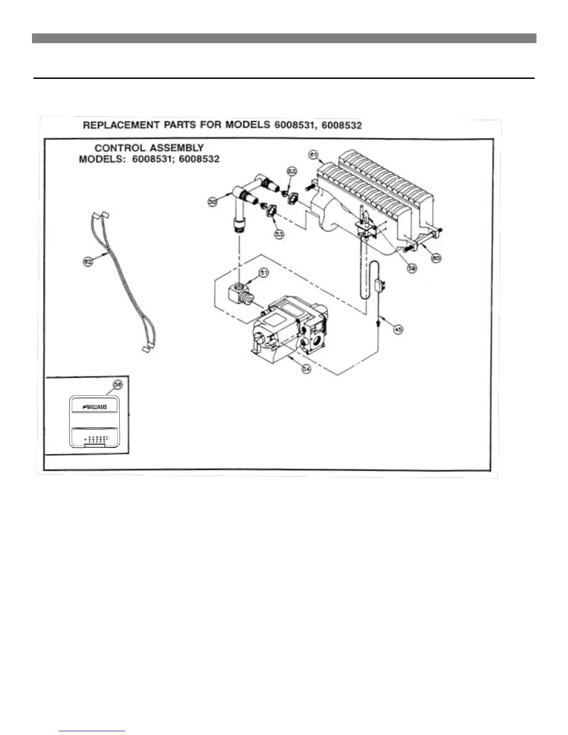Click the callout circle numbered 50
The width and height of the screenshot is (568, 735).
(x=212, y=203)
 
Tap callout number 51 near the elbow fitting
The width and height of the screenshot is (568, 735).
(x=264, y=273)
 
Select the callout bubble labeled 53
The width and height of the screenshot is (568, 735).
(x=279, y=234)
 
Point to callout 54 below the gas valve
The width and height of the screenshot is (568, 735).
(x=306, y=369)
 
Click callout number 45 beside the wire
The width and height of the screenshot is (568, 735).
(x=398, y=329)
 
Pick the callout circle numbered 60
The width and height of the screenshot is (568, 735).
(x=436, y=258)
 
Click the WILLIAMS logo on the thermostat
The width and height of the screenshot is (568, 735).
(x=95, y=407)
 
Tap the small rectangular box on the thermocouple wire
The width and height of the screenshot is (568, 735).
(x=379, y=284)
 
